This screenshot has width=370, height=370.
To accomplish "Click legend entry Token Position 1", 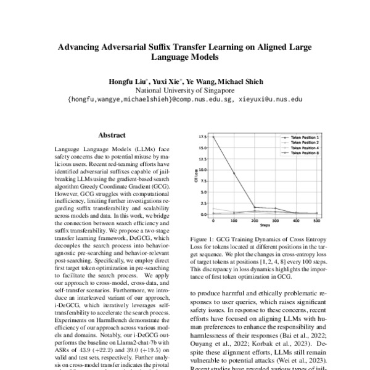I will [300, 138].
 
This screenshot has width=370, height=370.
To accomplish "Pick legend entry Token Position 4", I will [300, 147].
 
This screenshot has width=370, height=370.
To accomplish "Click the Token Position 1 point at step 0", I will [214, 138].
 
